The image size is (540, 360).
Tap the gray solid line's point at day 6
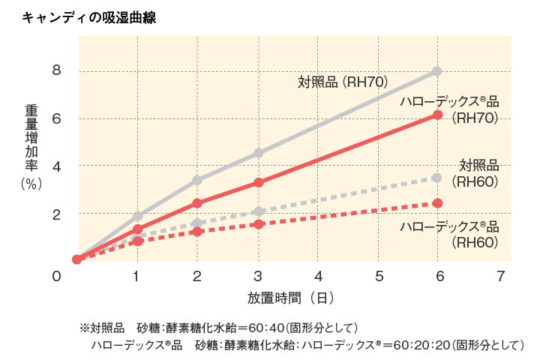point(437,71)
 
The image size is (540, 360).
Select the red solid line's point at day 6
point(437,115)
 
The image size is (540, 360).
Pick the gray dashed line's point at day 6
point(437,178)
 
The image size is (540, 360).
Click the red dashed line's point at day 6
point(437,203)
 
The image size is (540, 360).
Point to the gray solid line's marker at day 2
point(197,180)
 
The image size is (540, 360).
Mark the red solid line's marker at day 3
point(258,182)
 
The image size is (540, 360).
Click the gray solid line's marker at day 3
point(258,153)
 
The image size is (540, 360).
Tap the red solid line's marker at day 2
point(197,203)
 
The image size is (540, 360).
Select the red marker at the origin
point(76,259)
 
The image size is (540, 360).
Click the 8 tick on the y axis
point(55,71)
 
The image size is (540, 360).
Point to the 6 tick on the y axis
point(55,118)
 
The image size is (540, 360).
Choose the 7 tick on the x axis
point(501,276)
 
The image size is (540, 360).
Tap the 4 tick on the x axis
point(319,276)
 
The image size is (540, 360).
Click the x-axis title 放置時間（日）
point(291,298)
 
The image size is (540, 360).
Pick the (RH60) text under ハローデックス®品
point(475,242)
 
